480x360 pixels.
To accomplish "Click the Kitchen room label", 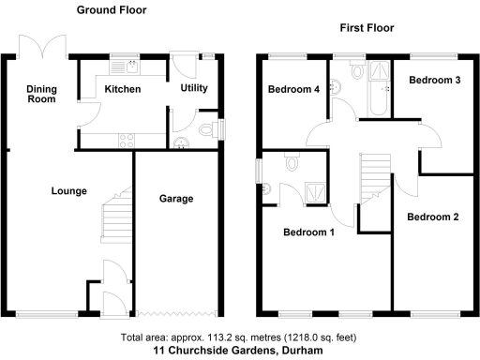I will (x=123, y=90).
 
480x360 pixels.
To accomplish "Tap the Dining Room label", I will (x=41, y=93).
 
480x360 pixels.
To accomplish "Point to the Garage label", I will (x=175, y=199).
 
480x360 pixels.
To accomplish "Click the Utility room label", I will (x=194, y=89).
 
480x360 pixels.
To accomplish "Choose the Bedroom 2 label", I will (x=432, y=217).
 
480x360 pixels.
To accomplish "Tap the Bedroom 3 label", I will (x=434, y=81).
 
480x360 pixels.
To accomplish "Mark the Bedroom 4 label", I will (x=292, y=90).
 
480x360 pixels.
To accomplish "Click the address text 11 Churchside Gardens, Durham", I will (x=239, y=350).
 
